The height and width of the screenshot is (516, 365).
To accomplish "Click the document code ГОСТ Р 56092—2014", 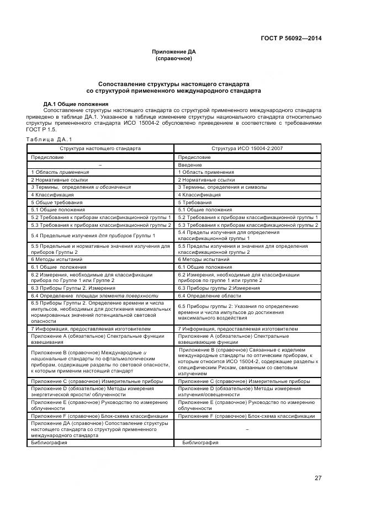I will (x=292, y=38).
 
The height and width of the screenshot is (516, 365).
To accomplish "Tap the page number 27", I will (x=318, y=478).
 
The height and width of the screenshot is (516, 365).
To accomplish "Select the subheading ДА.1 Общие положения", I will (x=76, y=104).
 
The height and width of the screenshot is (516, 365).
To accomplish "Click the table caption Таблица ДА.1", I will (x=50, y=139).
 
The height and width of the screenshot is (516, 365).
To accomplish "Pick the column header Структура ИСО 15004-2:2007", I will (x=247, y=148).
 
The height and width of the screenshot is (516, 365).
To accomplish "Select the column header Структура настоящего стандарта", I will (x=100, y=148).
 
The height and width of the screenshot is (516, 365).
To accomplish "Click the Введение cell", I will (x=190, y=165).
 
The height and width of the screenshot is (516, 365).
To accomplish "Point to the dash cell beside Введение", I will (x=100, y=165).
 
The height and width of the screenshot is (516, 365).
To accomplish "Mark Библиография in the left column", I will (x=49, y=443).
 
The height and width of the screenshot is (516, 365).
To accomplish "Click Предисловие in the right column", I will (x=194, y=157).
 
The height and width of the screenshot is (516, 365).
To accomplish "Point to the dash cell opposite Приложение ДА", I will (x=247, y=428).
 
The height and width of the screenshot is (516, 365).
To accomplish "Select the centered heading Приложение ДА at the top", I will (x=173, y=52).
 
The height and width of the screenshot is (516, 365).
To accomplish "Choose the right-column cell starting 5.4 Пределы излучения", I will (x=218, y=235).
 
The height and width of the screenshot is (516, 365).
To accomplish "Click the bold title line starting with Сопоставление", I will (x=173, y=84).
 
